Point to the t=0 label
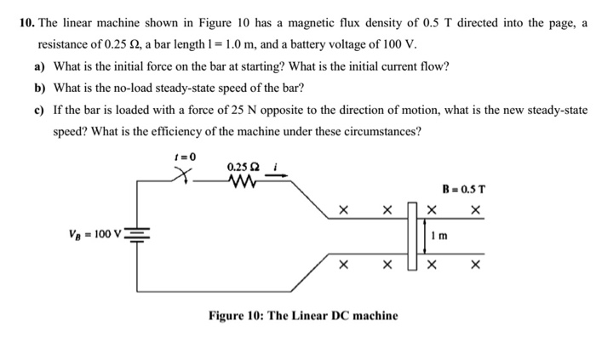[x=185, y=156]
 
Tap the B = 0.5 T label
[x=463, y=188]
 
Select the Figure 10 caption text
[x=303, y=315]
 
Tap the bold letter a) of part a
[x=40, y=66]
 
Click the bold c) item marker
[x=40, y=110]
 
